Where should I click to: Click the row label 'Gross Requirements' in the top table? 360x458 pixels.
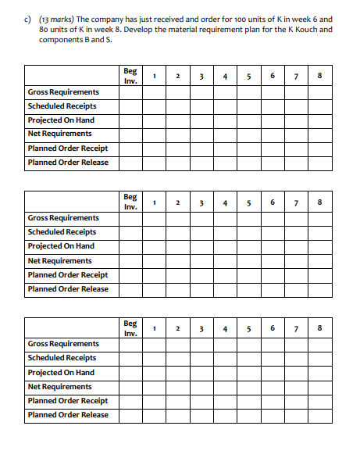[63, 92]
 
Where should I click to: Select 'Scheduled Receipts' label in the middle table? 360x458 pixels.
[62, 232]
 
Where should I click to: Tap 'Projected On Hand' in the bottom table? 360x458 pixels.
[61, 373]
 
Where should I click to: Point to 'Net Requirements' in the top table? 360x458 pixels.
[59, 134]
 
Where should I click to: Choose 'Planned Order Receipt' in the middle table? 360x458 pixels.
[67, 275]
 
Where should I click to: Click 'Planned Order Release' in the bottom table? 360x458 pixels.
[68, 415]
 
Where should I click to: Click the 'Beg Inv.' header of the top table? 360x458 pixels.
[130, 76]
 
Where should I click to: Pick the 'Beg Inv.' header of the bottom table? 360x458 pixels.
[130, 327]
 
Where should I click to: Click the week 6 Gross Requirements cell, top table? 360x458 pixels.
[272, 92]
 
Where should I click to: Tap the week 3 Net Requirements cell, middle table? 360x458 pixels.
[202, 261]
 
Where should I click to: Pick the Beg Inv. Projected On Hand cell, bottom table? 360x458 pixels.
[130, 373]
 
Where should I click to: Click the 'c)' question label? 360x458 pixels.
[30, 18]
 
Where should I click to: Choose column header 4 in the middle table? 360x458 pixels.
[225, 202]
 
